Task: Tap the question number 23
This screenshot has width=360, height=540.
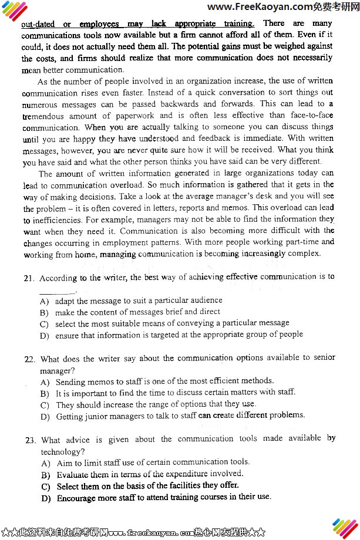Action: point(29,440)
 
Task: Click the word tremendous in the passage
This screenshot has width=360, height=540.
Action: point(45,116)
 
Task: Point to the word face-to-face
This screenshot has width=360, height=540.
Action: point(311,116)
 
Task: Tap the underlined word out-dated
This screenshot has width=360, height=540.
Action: point(38,25)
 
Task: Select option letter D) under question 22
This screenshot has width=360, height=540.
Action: point(45,416)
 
